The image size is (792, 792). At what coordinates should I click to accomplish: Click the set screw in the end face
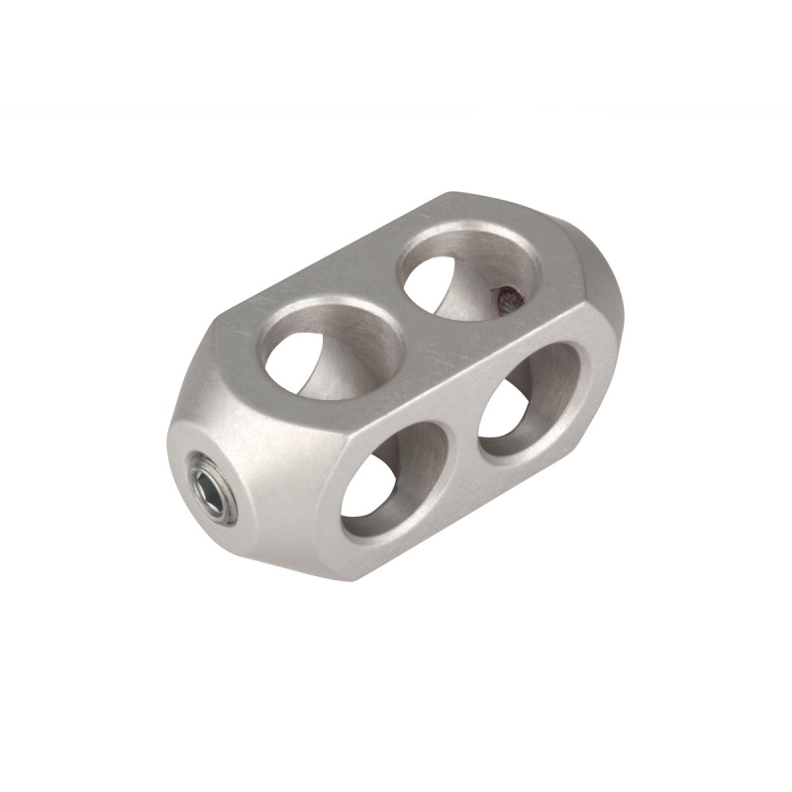211,486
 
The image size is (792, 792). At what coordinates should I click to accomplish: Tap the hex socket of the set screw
209,486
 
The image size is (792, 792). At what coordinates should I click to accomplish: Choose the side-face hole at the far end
529,401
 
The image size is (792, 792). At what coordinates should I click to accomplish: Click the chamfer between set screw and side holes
297,505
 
